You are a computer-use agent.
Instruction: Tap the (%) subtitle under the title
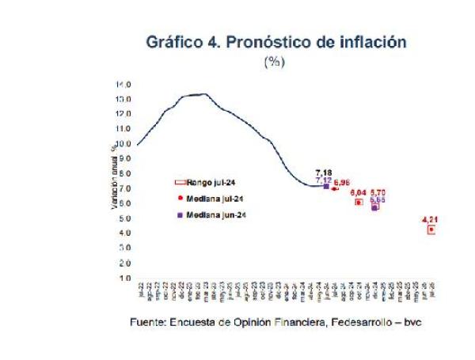pyautogui.click(x=273, y=62)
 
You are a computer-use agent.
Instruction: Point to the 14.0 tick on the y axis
pyautogui.click(x=123, y=84)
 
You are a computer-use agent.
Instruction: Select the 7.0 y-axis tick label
pyautogui.click(x=124, y=188)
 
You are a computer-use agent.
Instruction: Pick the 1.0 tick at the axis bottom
pyautogui.click(x=124, y=278)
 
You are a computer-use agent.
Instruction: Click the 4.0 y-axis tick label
pyautogui.click(x=124, y=233)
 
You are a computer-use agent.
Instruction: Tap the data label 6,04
pyautogui.click(x=358, y=192)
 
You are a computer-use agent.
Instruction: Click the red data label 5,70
pyautogui.click(x=378, y=192)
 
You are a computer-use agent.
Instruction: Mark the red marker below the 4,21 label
pyautogui.click(x=431, y=229)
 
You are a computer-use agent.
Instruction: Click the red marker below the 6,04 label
pyautogui.click(x=359, y=202)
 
